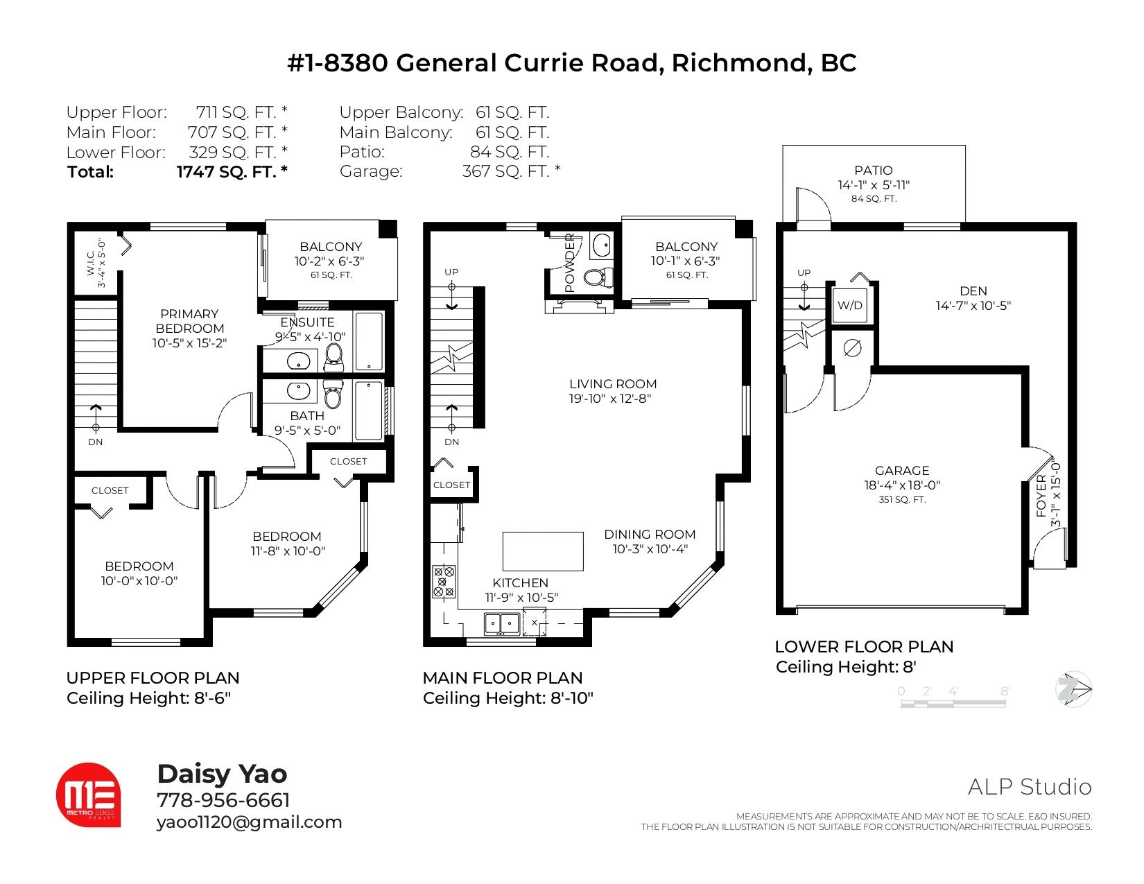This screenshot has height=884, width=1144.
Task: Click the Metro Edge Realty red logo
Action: point(88,795)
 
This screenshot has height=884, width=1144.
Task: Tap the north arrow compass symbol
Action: point(1073,688)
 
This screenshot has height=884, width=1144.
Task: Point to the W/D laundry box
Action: point(850,305)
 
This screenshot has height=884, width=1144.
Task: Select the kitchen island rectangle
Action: point(543,551)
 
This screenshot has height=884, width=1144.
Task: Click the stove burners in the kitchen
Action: point(443,582)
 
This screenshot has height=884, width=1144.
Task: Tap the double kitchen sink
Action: point(502,625)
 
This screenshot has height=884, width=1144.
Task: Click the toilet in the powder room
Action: point(598,277)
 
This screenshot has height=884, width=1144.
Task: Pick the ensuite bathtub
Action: point(369,342)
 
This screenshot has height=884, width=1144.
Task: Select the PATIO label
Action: point(874,171)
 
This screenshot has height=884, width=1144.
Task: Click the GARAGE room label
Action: point(902,471)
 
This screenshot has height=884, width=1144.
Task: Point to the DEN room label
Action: point(973,291)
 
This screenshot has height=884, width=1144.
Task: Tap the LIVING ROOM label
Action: point(613,384)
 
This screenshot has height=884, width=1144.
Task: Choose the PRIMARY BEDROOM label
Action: point(189,321)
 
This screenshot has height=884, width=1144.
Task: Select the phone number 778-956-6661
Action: point(223,800)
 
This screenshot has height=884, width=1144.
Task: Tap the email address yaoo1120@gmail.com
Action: point(249,822)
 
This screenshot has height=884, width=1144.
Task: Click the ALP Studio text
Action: point(1030,787)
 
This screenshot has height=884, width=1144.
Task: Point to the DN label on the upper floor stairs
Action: point(95,442)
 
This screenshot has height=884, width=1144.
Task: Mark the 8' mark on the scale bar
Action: point(1005,691)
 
